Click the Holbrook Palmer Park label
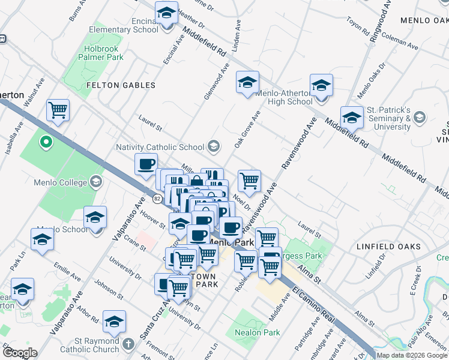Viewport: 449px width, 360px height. (101, 52)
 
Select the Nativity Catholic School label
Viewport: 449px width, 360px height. (162, 147)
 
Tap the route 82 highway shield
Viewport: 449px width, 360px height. (157, 197)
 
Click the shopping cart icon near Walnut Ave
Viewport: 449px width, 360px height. (58, 110)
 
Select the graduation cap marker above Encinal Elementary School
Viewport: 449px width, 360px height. (166, 12)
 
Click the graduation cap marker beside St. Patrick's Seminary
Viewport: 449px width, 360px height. (351, 117)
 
